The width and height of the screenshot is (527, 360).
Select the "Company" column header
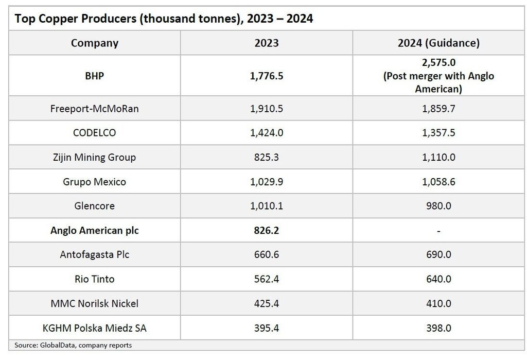pyautogui.click(x=94, y=43)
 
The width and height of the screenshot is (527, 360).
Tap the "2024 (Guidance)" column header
pyautogui.click(x=438, y=43)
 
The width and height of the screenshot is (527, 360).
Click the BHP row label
pyautogui.click(x=94, y=76)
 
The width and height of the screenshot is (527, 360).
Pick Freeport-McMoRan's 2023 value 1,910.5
pyautogui.click(x=266, y=109)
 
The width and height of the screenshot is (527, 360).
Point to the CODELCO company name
pyautogui.click(x=94, y=133)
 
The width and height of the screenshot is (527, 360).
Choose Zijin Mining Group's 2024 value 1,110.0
pyautogui.click(x=438, y=157)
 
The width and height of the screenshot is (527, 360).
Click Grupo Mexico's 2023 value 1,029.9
pyautogui.click(x=266, y=182)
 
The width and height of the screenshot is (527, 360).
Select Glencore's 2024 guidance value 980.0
pyautogui.click(x=438, y=206)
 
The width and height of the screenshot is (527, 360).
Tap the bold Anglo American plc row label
pyautogui.click(x=94, y=231)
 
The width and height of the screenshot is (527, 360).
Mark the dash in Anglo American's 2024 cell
pyautogui.click(x=438, y=231)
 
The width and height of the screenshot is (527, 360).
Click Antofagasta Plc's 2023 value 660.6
pyautogui.click(x=266, y=255)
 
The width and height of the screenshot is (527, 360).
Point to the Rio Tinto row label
pyautogui.click(x=94, y=279)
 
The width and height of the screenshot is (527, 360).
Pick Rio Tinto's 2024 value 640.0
pyautogui.click(x=438, y=279)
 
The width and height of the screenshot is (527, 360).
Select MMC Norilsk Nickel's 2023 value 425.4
pyautogui.click(x=266, y=304)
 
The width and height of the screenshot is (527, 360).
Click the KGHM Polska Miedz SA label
pyautogui.click(x=94, y=328)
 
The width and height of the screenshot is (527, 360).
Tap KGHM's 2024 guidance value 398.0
pyautogui.click(x=438, y=328)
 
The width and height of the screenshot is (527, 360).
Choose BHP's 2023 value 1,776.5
pyautogui.click(x=266, y=76)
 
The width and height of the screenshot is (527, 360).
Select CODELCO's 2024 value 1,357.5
pyautogui.click(x=438, y=133)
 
